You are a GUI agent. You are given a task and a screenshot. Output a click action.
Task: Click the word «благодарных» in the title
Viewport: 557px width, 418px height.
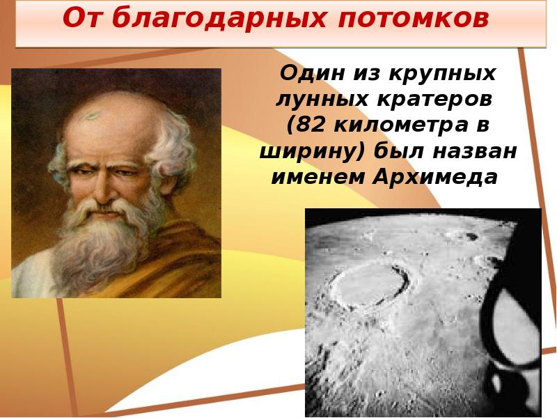tap(219, 18)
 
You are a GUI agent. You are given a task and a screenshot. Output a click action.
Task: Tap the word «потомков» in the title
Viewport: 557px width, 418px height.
tap(413, 19)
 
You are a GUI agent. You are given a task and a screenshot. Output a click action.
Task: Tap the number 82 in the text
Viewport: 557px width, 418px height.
tap(310, 125)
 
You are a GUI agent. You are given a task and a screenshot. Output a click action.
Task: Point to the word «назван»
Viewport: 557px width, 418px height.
tap(475, 152)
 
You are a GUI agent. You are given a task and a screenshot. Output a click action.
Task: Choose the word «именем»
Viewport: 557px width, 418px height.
tap(317, 178)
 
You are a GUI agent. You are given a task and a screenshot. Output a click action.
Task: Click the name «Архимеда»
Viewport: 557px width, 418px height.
tap(435, 178)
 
